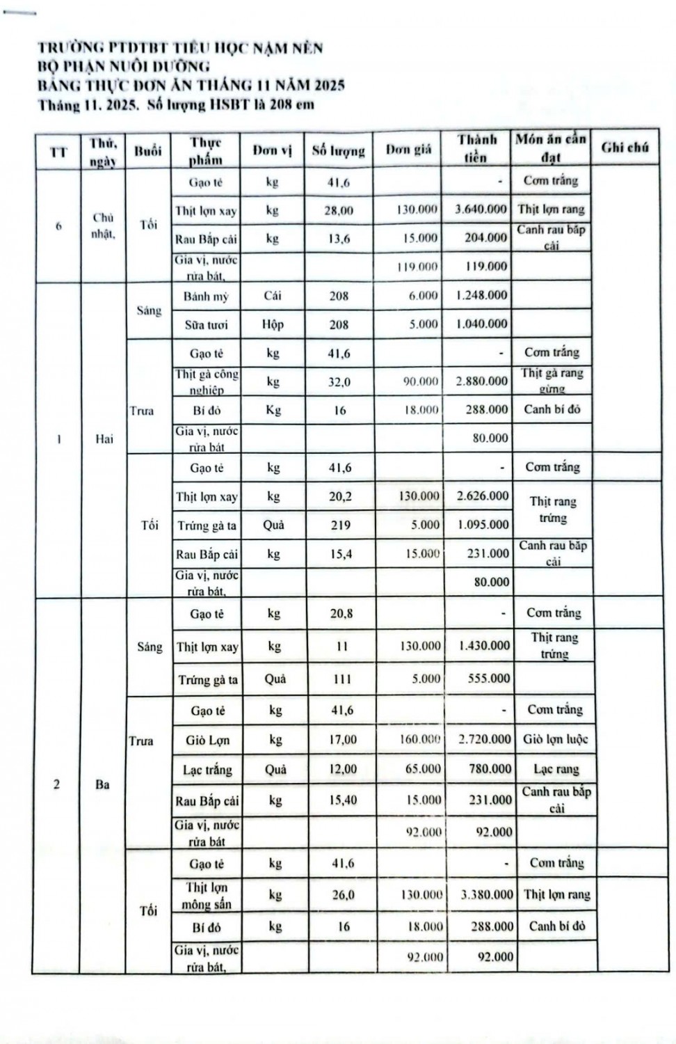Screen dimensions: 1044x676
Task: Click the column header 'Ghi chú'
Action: (625, 148)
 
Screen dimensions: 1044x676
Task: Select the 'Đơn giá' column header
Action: (408, 149)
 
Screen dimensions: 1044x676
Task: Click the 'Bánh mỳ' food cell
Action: (206, 296)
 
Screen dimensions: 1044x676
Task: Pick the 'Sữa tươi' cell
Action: (206, 324)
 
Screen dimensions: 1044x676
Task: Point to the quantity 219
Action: (340, 525)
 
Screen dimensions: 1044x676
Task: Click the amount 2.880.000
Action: (482, 381)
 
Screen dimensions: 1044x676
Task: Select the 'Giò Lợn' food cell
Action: (207, 740)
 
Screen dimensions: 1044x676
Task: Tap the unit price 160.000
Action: (419, 739)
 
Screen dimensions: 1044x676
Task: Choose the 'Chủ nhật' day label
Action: (103, 226)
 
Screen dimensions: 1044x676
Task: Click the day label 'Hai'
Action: (104, 439)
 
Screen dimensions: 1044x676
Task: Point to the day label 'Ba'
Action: (102, 784)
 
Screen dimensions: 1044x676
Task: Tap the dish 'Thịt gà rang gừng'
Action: (552, 381)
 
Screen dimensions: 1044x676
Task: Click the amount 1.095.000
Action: (483, 525)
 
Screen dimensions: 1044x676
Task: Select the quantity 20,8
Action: (341, 614)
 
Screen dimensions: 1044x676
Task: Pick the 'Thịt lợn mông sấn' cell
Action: (207, 896)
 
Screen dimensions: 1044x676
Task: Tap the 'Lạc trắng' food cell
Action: (207, 770)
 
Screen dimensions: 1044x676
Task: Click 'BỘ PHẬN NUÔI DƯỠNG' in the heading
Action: (124, 67)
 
